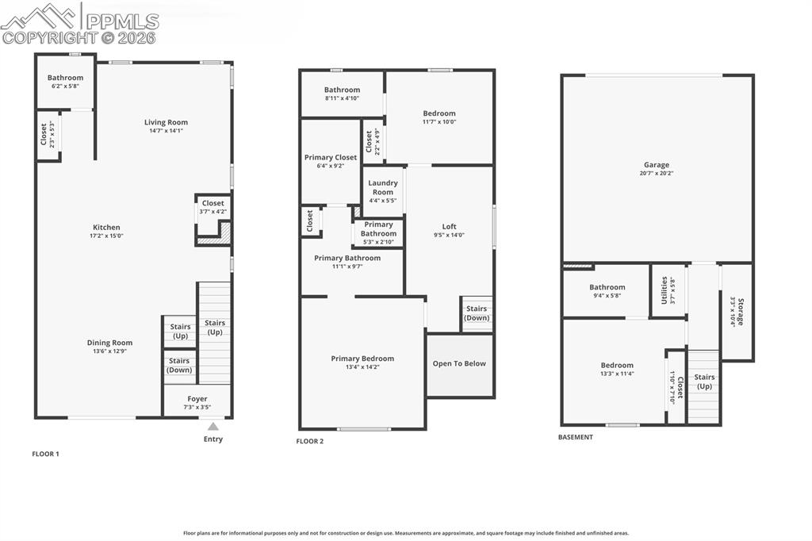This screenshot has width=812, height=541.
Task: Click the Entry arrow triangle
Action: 213,427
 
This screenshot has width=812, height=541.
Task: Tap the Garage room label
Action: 656,165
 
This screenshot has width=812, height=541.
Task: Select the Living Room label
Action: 166,122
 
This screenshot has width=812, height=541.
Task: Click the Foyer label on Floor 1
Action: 197,399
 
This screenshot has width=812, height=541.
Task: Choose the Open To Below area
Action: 459,364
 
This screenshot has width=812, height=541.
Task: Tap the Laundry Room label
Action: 383,187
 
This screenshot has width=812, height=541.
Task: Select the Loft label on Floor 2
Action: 449,227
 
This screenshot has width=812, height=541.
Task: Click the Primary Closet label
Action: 331,157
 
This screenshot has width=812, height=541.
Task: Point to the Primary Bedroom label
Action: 362,359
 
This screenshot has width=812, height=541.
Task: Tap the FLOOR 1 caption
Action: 45,455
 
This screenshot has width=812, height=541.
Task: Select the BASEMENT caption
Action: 576,437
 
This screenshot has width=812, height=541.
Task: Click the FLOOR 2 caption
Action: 310,441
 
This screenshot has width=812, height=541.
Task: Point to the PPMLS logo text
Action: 121,21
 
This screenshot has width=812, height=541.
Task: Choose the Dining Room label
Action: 109,343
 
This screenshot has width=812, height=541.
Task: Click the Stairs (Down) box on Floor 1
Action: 179,365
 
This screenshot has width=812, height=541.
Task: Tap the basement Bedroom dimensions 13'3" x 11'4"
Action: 616,374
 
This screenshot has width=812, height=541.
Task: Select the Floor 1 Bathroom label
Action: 65,78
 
